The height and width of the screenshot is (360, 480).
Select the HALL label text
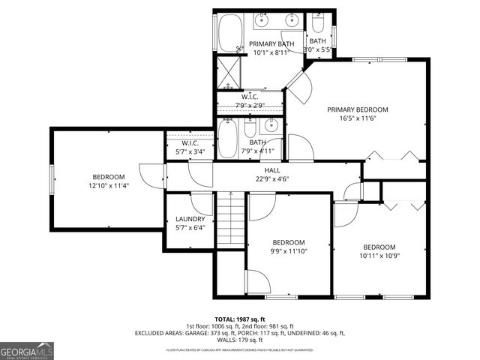[x=261, y=170]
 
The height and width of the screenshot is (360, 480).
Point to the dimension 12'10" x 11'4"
[x=109, y=185]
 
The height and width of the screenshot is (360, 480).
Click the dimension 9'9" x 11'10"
[x=288, y=251]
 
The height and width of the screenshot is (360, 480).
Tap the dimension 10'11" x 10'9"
[x=379, y=256]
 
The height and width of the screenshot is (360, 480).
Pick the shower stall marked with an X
[x=228, y=72]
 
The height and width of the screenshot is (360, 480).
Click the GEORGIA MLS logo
[x=25, y=350]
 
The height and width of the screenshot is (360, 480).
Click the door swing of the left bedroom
[x=156, y=178]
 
